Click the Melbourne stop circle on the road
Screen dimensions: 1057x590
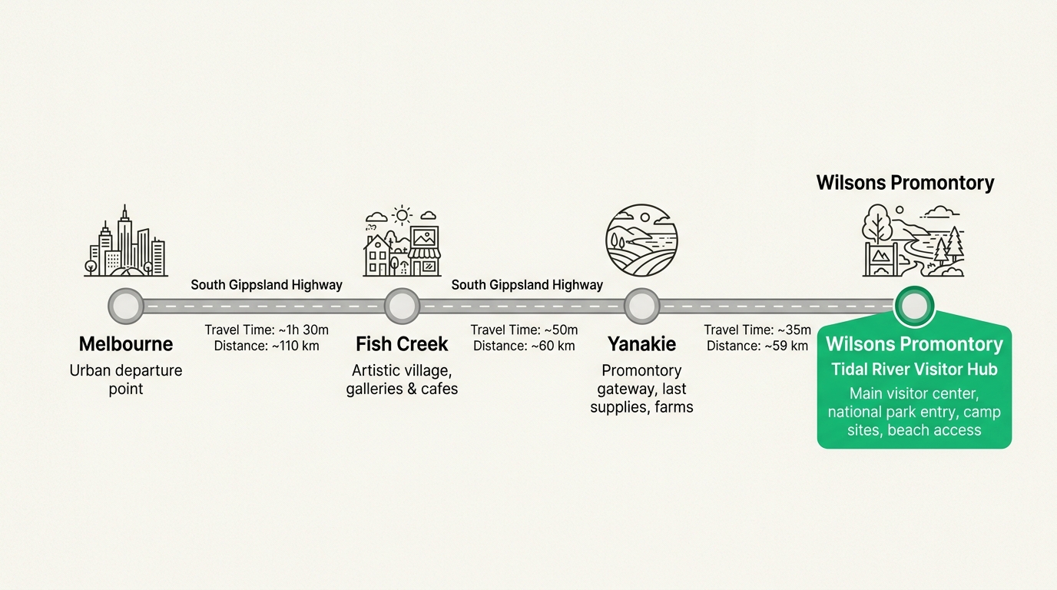[x=126, y=306]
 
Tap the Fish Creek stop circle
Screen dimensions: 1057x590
[x=402, y=306]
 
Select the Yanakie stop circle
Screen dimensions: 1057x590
[x=641, y=306]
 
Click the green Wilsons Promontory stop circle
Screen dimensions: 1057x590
[x=914, y=306]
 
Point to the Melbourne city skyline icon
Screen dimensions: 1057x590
[x=126, y=240]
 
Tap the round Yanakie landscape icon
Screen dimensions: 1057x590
[x=641, y=240]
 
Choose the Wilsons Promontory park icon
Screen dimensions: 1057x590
[x=913, y=240]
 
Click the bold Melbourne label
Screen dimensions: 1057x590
[x=126, y=344]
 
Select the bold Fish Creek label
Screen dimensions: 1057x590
[x=402, y=344]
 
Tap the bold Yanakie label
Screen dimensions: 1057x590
[x=641, y=344]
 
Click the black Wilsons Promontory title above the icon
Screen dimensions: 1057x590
[x=905, y=183]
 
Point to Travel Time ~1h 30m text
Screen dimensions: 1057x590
[x=267, y=330]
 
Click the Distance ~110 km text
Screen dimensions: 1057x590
[x=267, y=346]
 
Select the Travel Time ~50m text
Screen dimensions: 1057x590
[x=524, y=330]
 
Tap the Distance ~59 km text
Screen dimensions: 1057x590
[x=757, y=346]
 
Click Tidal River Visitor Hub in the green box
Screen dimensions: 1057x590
[x=914, y=369]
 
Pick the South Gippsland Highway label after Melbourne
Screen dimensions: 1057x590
[x=267, y=285]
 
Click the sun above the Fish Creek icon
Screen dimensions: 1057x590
[x=402, y=216]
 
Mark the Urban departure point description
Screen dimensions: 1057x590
[x=126, y=380]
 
